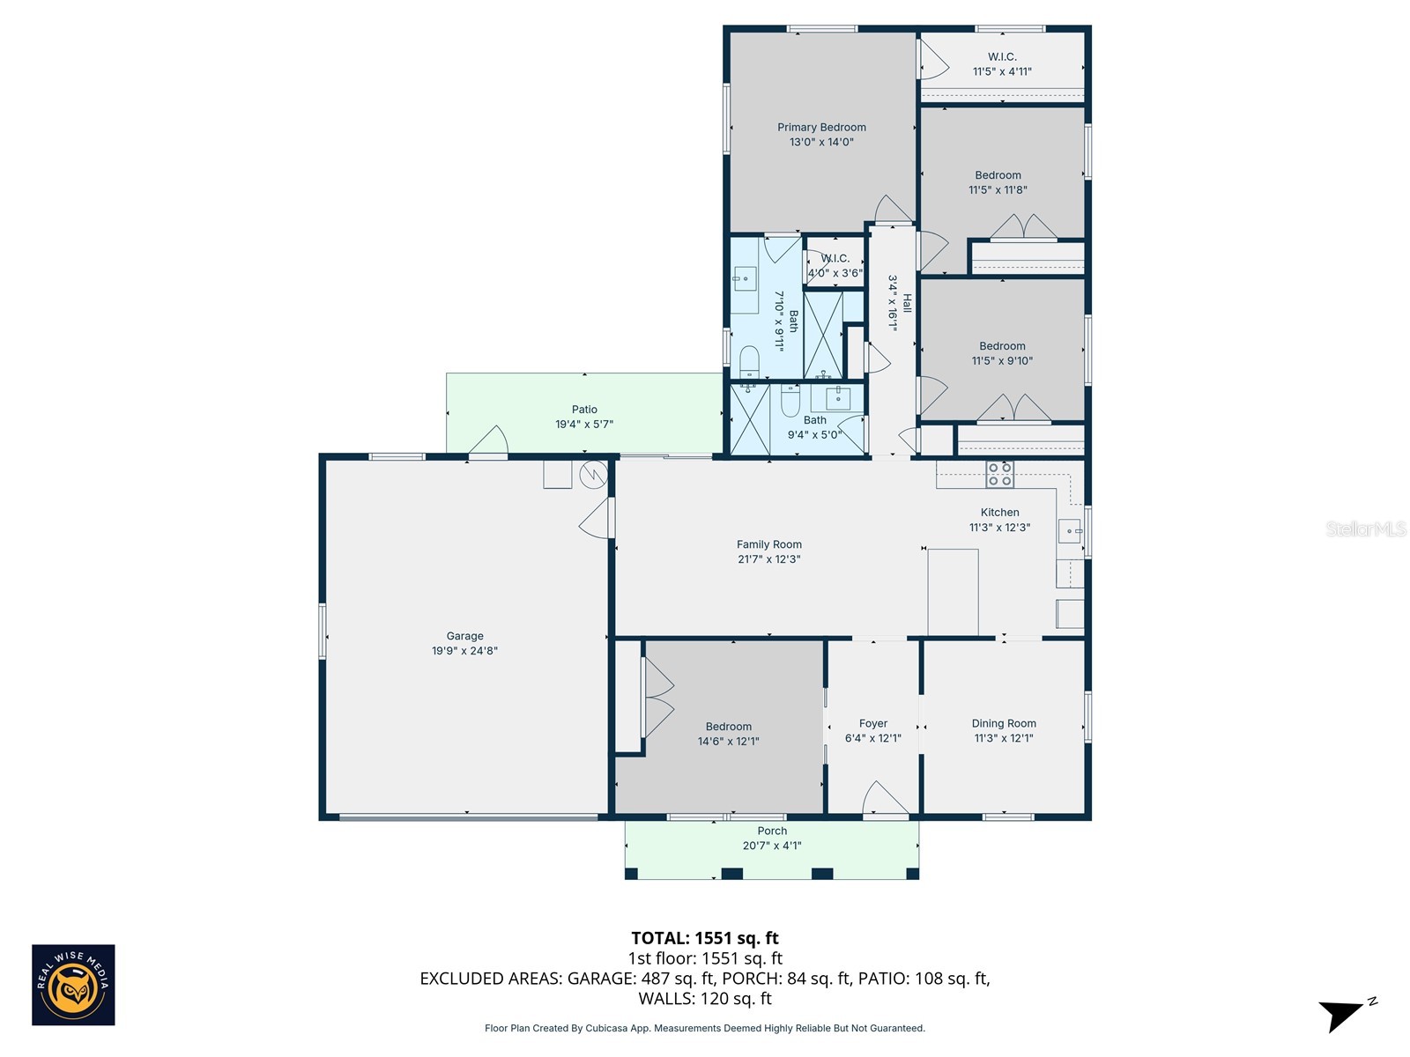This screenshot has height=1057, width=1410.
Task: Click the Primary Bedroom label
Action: pyautogui.click(x=821, y=128)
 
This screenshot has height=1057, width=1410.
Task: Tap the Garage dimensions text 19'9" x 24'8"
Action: pyautogui.click(x=464, y=651)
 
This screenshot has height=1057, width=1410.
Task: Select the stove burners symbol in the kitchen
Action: pyautogui.click(x=999, y=475)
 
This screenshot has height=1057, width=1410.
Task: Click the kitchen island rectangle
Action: pyautogui.click(x=953, y=592)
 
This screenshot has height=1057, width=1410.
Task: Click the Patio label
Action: pyautogui.click(x=584, y=410)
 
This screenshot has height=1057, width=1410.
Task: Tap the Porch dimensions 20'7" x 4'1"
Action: pyautogui.click(x=772, y=846)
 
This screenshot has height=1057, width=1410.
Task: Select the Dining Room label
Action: pyautogui.click(x=1004, y=723)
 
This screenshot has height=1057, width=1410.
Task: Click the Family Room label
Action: pyautogui.click(x=769, y=544)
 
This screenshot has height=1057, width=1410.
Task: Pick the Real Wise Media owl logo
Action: pyautogui.click(x=73, y=985)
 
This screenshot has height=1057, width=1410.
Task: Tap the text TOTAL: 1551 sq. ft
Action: pyautogui.click(x=705, y=938)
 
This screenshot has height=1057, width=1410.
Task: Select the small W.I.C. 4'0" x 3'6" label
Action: pyautogui.click(x=835, y=265)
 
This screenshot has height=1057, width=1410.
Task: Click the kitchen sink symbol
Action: pyautogui.click(x=1069, y=531)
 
